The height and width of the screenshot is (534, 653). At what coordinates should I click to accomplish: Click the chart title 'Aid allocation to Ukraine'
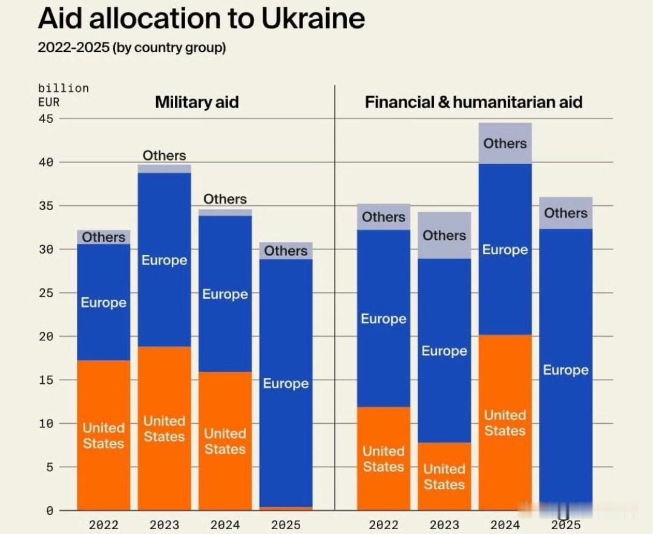(x=201, y=19)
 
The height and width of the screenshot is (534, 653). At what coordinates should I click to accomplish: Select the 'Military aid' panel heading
(x=197, y=102)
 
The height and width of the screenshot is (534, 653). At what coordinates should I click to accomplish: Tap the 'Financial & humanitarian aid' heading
(x=473, y=102)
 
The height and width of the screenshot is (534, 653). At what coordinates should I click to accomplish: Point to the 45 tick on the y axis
(x=47, y=119)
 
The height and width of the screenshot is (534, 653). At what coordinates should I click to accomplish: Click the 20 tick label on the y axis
(x=47, y=336)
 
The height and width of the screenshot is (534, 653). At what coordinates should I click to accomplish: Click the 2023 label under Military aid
(x=164, y=525)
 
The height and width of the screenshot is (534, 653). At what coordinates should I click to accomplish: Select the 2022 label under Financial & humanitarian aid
(x=384, y=525)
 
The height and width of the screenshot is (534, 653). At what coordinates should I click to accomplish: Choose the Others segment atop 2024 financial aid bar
(x=505, y=143)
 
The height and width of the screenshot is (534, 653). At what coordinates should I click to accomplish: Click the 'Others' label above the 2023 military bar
(x=164, y=156)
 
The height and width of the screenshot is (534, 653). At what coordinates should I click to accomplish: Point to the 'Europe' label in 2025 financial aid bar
(x=565, y=370)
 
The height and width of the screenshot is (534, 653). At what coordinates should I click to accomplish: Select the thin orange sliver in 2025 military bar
(x=286, y=509)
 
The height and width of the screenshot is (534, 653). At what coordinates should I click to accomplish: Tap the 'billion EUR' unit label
(x=63, y=95)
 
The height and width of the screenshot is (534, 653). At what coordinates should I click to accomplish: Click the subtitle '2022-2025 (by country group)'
(x=131, y=47)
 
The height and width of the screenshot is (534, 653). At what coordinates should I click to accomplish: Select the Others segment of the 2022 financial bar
(x=384, y=217)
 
